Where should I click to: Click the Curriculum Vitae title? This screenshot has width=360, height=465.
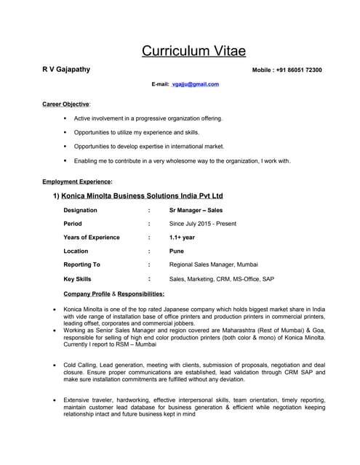(x=193, y=51)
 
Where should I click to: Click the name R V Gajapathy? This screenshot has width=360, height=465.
(x=66, y=70)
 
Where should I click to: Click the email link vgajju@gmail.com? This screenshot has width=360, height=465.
(x=196, y=84)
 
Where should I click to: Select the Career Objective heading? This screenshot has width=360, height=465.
(x=65, y=104)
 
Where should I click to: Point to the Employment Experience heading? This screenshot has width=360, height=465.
(x=77, y=181)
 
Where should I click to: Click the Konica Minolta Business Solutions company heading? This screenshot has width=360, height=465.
(x=142, y=196)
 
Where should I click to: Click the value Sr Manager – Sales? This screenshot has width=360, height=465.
(x=196, y=210)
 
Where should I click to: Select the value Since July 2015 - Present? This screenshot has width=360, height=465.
(x=202, y=224)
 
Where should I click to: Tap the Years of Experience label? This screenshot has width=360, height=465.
(x=92, y=238)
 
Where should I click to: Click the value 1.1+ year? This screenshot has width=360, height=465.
(x=182, y=238)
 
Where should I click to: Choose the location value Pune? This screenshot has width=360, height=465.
(x=177, y=251)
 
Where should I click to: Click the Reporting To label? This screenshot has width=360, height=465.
(x=81, y=264)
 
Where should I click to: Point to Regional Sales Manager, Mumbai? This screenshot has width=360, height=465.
(x=213, y=264)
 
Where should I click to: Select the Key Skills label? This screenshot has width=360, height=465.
(x=77, y=278)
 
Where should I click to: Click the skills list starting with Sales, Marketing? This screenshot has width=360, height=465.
(x=221, y=278)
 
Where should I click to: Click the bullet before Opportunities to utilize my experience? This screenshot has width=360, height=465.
(x=65, y=132)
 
